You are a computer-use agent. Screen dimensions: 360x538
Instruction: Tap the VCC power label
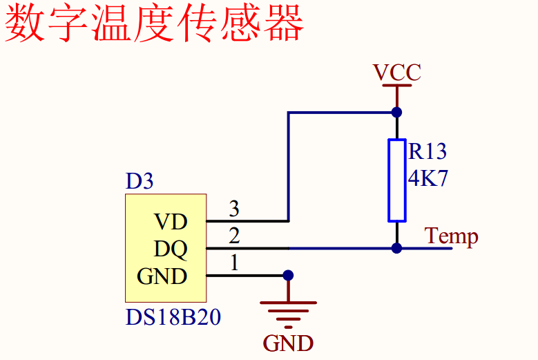pyautogui.click(x=396, y=73)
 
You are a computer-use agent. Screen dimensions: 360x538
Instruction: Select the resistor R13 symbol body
pyautogui.click(x=396, y=180)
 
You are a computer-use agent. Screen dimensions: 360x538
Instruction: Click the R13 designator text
pyautogui.click(x=427, y=151)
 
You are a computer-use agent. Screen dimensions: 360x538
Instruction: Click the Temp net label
pyautogui.click(x=452, y=236)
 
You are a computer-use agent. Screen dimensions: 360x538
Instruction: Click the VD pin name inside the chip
pyautogui.click(x=170, y=222)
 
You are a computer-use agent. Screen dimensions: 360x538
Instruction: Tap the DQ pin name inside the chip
pyautogui.click(x=170, y=248)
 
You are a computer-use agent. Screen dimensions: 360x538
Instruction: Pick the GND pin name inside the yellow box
pyautogui.click(x=162, y=276)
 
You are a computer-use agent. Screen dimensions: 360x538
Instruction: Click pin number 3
pyautogui.click(x=234, y=208)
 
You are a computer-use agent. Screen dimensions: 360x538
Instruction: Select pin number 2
pyautogui.click(x=234, y=236)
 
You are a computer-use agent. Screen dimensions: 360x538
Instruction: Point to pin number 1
pyautogui.click(x=234, y=263)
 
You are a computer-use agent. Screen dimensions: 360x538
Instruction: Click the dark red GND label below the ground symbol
pyautogui.click(x=288, y=343)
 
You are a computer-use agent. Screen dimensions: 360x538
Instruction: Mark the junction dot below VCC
pyautogui.click(x=396, y=112)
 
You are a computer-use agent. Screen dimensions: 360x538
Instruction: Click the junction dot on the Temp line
pyautogui.click(x=396, y=248)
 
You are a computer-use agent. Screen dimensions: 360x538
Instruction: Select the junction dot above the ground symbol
pyautogui.click(x=288, y=275)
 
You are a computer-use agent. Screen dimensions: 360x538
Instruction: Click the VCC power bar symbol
pyautogui.click(x=396, y=86)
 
